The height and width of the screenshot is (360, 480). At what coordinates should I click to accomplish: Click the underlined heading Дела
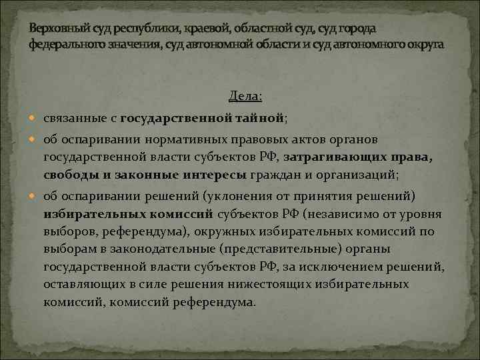click(245, 97)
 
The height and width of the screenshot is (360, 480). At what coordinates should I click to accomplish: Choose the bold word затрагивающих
click(345, 157)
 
